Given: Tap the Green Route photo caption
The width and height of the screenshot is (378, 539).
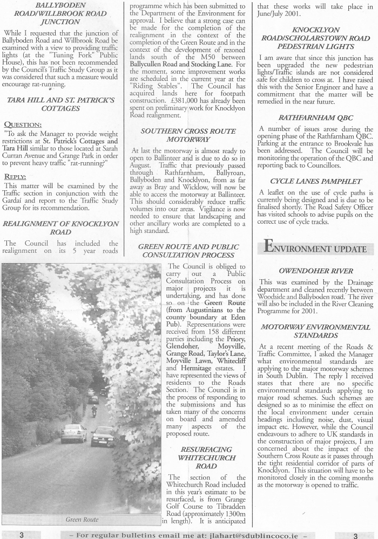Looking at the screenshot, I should [82, 520].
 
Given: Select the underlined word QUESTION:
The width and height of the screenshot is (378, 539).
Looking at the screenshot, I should [22, 124].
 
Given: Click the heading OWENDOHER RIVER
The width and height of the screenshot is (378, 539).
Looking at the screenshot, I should [316, 271].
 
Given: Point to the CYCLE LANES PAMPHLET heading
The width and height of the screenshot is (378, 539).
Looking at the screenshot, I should [315, 181].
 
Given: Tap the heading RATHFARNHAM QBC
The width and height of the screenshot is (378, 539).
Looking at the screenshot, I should [315, 118].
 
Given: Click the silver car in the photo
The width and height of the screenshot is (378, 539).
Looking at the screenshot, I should [73, 433].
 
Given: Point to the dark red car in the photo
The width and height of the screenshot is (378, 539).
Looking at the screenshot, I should [103, 437].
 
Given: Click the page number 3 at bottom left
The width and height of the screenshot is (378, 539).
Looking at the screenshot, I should [21, 535].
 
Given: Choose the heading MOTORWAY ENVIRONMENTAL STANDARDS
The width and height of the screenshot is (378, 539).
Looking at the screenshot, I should [316, 331].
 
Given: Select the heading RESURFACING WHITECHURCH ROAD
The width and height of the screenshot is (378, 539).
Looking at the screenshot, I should [206, 457].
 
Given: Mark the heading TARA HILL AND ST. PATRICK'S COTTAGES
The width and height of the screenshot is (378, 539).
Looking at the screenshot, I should [60, 104].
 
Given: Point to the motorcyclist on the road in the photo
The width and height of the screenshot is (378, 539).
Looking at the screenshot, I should [94, 411].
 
